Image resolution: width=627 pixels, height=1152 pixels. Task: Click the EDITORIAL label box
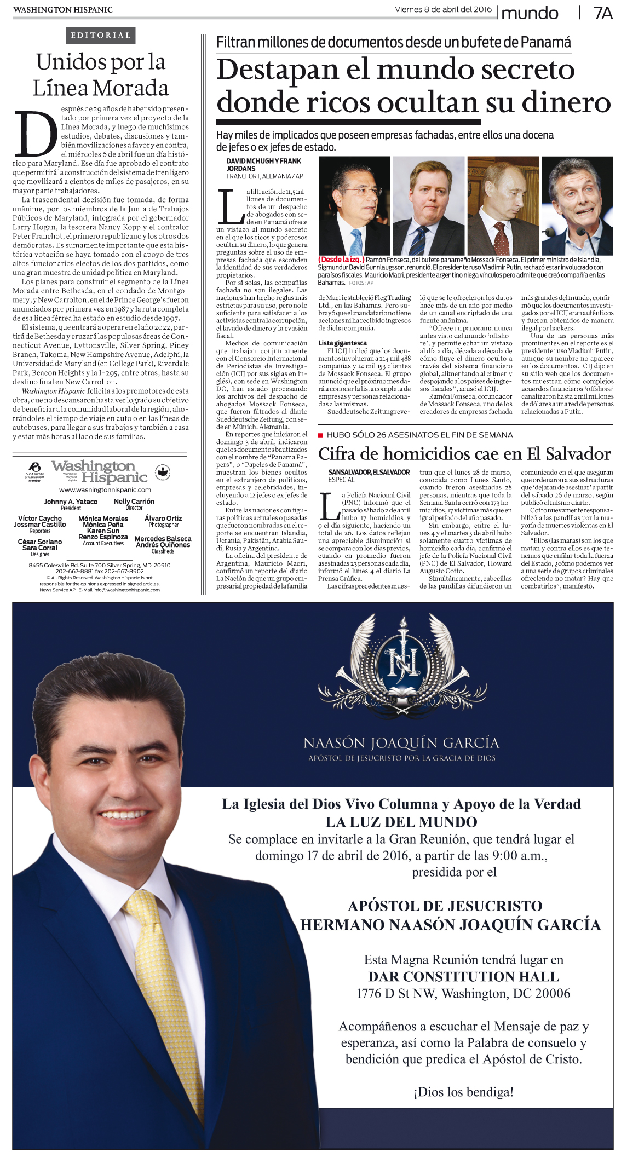100,36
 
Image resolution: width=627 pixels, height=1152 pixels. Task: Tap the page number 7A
602,13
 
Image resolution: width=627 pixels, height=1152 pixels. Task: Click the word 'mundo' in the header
530,13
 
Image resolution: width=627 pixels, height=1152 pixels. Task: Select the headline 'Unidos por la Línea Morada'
101,75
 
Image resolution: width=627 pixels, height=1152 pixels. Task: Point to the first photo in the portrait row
354,206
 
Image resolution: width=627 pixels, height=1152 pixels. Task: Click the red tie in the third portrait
501,238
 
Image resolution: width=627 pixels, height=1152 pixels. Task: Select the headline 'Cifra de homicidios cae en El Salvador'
464,454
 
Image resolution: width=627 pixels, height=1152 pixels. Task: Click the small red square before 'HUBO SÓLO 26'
321,435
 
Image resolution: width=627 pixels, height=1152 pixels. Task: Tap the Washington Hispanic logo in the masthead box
100,471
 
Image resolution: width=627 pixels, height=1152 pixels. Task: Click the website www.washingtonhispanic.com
105,490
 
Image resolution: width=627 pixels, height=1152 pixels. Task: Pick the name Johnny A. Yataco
71,502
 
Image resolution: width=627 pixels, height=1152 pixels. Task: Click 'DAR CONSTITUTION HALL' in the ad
463,976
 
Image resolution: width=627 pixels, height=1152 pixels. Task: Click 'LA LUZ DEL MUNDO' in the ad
401,822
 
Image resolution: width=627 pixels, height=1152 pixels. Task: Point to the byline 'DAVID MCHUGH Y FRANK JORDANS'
263,164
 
